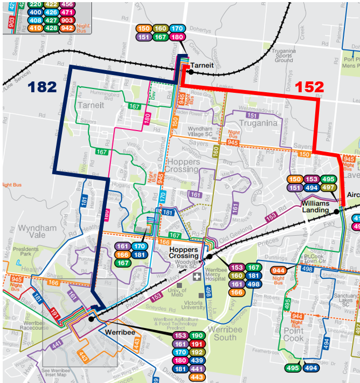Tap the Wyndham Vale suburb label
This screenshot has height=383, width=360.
[37, 232]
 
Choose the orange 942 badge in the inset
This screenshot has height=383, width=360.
[67, 28]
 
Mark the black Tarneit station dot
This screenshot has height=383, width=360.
[190, 71]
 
